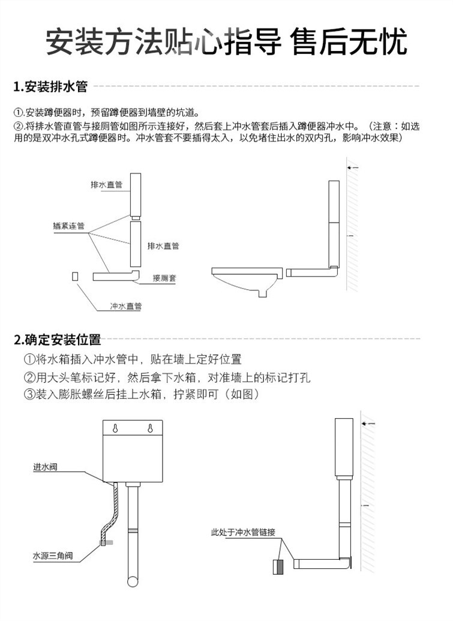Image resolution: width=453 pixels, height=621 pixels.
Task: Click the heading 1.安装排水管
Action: pyautogui.click(x=50, y=87)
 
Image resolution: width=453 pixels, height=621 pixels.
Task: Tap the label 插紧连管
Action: pyautogui.click(x=68, y=226)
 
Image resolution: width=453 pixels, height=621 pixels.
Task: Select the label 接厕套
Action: pyautogui.click(x=164, y=278)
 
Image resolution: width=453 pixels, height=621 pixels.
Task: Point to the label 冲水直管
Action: pyautogui.click(x=125, y=306)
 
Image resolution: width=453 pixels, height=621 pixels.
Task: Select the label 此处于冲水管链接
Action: pyautogui.click(x=242, y=532)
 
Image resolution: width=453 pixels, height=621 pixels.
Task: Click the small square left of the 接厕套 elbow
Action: pyautogui.click(x=74, y=277)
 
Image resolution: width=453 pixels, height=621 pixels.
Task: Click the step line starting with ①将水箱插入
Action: pyautogui.click(x=132, y=360)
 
